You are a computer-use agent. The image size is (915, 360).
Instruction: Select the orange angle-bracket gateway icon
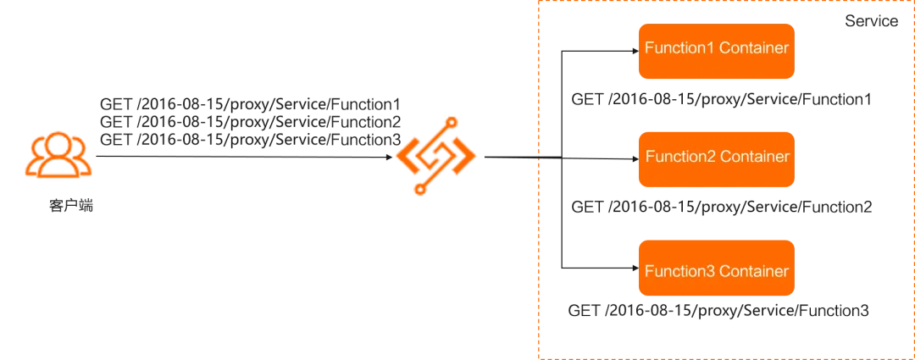tap(437, 158)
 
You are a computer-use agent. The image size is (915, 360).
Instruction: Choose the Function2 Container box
tap(717, 158)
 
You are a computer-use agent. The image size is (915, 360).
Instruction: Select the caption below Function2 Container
tap(720, 207)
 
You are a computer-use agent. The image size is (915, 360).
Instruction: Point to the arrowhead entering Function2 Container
tap(633, 158)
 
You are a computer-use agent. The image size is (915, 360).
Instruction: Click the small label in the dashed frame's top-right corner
tap(873, 19)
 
